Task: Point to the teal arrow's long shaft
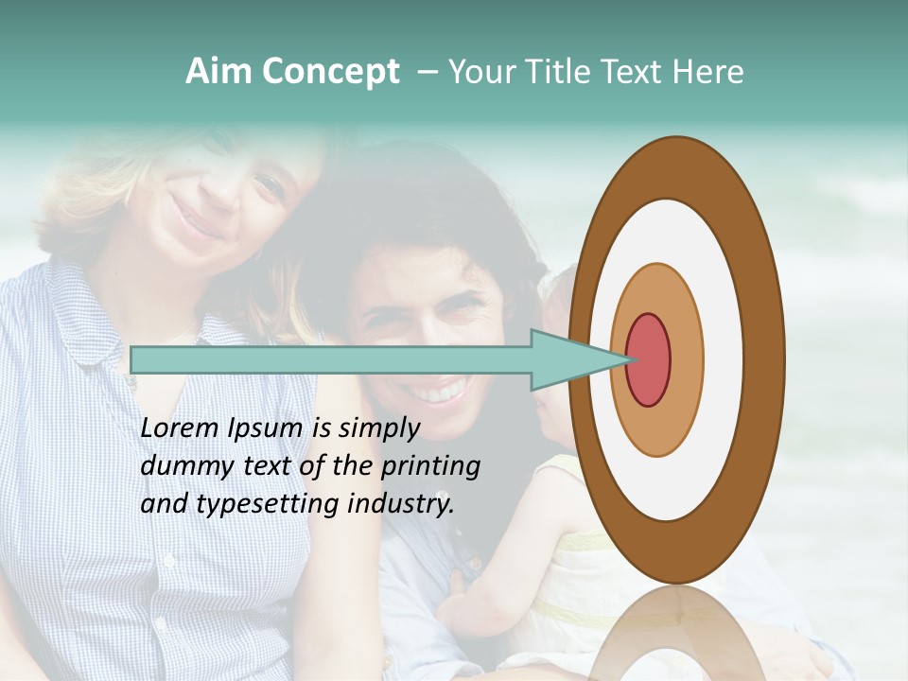(331, 359)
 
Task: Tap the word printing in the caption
(430, 467)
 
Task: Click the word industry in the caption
(401, 505)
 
